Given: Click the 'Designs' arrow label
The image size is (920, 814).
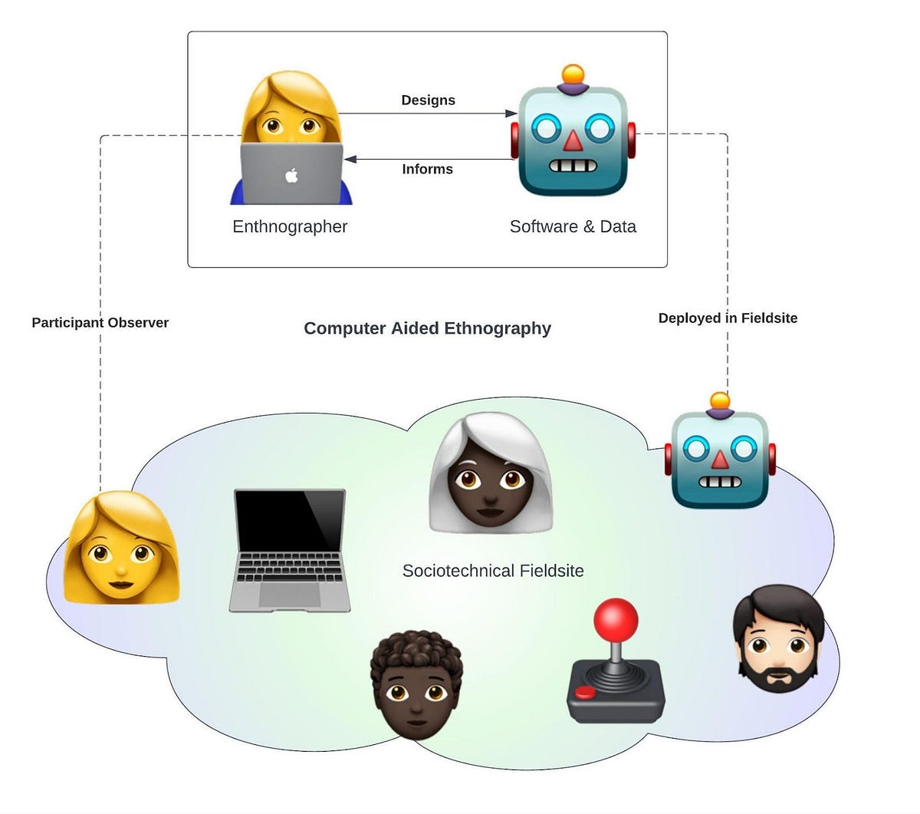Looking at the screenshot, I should coord(428,101).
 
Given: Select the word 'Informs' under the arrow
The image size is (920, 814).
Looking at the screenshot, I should coord(427,170).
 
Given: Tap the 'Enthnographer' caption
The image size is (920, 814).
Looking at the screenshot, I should coord(290,226).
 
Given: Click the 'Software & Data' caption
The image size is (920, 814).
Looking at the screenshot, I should coord(573,226).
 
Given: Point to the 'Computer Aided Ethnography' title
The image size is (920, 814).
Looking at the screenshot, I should coord(427,328).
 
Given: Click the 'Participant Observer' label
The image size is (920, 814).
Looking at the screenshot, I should coord(100,323).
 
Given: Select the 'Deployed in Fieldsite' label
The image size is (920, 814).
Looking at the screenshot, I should coord(728,318).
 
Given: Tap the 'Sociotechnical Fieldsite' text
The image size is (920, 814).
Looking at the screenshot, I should coord(493,571).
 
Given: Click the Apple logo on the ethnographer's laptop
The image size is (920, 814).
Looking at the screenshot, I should coord(291,175).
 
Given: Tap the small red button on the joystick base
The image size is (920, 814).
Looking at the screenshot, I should coord(586,692).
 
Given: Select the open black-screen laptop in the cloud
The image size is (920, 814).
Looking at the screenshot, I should coord(290,549).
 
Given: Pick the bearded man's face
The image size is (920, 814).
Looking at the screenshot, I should coord(779,648).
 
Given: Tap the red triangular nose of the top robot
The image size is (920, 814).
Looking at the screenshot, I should coord(573,140).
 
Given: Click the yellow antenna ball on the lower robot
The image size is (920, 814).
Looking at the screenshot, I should coord(719,401).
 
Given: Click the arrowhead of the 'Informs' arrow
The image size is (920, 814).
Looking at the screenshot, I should coord(350,160).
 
